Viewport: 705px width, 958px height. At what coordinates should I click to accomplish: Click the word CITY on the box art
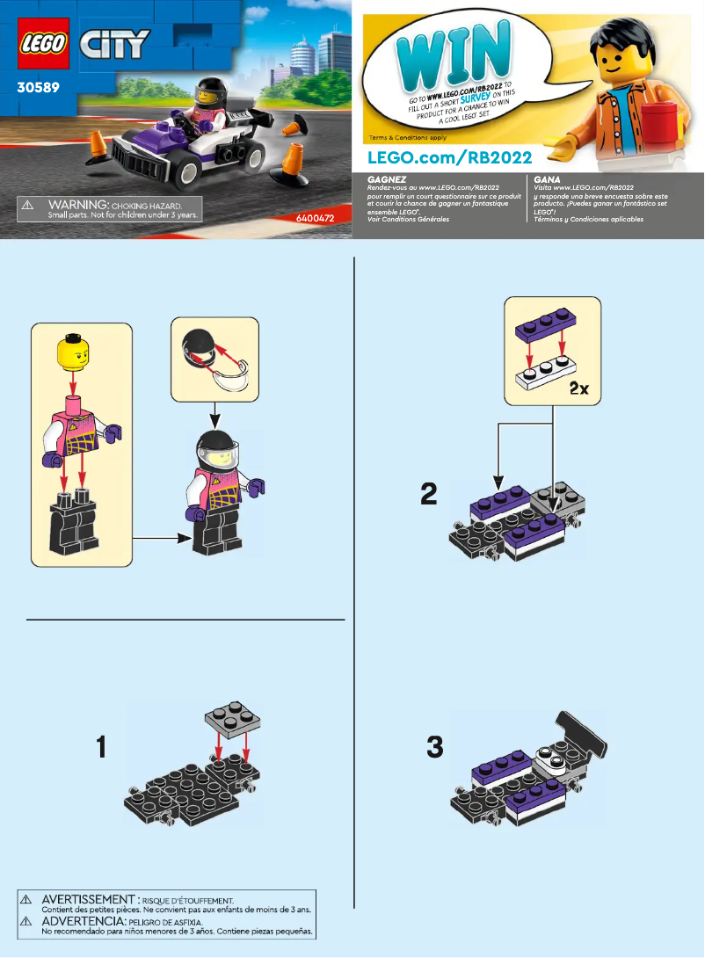[x=114, y=44]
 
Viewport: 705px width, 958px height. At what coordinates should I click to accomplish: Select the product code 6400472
[x=318, y=215]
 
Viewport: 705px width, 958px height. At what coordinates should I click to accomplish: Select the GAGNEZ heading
[x=386, y=178]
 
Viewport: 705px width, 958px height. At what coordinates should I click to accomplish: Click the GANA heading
[x=546, y=178]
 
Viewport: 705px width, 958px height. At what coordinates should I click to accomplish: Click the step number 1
[x=102, y=749]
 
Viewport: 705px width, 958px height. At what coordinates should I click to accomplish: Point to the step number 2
[x=429, y=494]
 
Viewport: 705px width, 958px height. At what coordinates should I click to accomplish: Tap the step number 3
[x=434, y=748]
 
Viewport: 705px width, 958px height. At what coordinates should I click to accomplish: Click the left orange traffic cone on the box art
[x=99, y=147]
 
